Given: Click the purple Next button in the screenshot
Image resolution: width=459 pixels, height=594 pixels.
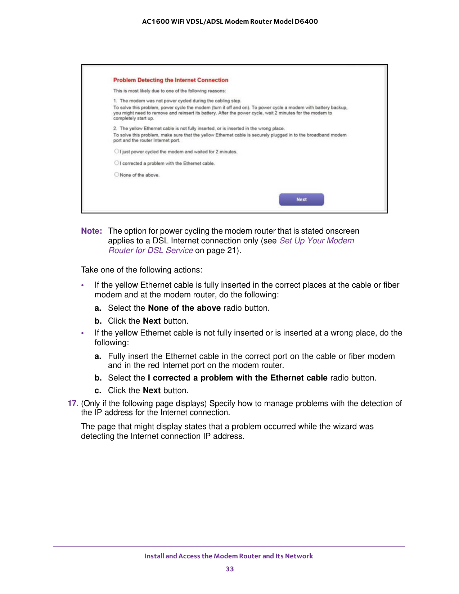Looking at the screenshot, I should (301, 199).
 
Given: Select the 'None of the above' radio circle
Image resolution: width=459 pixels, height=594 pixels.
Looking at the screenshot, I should (116, 175).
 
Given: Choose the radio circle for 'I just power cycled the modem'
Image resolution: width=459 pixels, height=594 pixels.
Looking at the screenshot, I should (116, 151).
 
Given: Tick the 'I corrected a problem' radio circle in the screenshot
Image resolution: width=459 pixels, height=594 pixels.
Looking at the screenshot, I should (116, 163).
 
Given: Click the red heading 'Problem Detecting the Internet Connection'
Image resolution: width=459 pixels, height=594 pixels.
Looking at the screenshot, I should (171, 80).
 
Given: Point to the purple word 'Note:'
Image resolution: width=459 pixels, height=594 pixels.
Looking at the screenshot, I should (91, 231).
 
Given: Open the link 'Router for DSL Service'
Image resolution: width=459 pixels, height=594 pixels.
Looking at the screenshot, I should (150, 251).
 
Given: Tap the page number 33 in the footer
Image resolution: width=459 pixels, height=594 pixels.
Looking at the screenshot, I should (230, 569).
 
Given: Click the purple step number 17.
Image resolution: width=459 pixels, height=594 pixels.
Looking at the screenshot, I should (73, 404).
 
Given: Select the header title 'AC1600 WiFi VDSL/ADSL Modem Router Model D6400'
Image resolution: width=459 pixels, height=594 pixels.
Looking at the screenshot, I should (230, 22).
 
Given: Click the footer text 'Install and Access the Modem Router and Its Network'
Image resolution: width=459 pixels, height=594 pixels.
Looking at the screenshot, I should (229, 556).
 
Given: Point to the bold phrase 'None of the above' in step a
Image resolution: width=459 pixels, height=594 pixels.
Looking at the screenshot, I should (184, 308).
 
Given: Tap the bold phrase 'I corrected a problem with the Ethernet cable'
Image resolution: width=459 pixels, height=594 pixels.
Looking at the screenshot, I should (238, 378).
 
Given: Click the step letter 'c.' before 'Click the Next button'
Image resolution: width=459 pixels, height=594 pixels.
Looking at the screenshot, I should (98, 391).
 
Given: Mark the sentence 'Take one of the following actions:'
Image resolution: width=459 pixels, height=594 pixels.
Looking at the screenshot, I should (141, 270).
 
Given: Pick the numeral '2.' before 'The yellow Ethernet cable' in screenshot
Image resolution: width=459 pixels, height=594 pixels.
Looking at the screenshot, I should (115, 129).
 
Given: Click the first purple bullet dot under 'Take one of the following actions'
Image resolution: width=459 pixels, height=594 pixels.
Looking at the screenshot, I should (83, 285).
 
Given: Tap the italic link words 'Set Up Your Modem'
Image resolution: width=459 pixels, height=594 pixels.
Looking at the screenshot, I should (317, 241).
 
